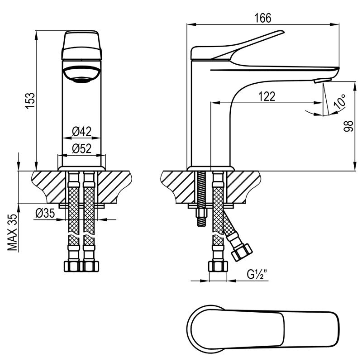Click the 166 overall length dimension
[x=263, y=18]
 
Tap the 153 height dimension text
[x=30, y=100]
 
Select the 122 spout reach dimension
[x=267, y=96]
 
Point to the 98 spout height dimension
[x=348, y=126]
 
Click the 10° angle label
[x=339, y=101]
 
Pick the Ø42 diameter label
[x=82, y=132]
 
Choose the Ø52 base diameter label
[x=82, y=148]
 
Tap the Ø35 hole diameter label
[x=45, y=213]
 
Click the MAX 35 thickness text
[x=13, y=232]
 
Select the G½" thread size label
[x=257, y=274]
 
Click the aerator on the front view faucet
[x=81, y=74]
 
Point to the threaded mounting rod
[x=201, y=199]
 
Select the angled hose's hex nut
[x=242, y=252]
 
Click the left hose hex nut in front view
[x=71, y=266]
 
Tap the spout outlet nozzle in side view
[x=323, y=81]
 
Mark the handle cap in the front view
[x=81, y=45]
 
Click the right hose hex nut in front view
[x=91, y=266]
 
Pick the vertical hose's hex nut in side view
[x=218, y=266]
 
